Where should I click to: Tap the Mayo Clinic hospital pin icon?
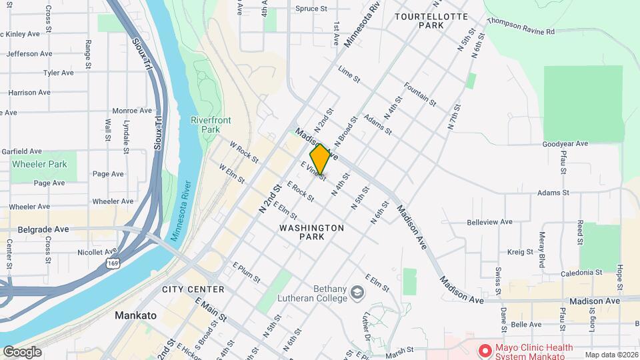(x=485, y=349)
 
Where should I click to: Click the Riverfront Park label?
(x=205, y=124)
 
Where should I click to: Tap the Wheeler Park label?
(x=40, y=164)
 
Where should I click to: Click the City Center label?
(x=193, y=289)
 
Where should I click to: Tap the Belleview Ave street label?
(x=489, y=222)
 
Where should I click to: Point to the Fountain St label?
(x=420, y=95)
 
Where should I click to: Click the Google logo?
(x=22, y=352)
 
